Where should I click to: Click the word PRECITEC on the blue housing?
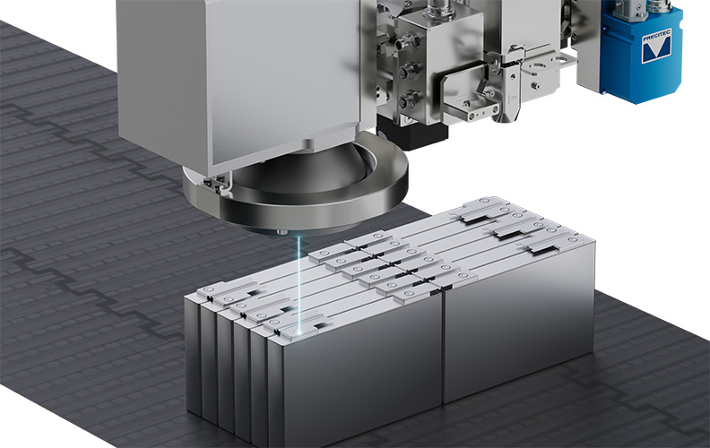(656, 35)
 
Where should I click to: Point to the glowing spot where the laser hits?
(298, 332)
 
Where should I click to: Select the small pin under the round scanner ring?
(281, 232)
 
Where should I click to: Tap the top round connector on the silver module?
(404, 44)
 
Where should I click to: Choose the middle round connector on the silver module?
(407, 71)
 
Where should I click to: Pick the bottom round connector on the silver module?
(409, 99)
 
